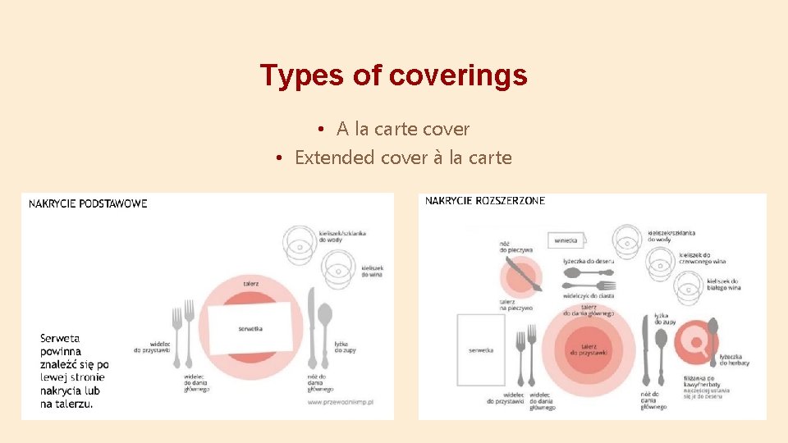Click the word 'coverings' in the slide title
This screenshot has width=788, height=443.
(458, 75)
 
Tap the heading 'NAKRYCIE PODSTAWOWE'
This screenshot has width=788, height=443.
(88, 203)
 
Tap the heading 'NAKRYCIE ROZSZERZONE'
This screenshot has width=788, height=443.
(484, 201)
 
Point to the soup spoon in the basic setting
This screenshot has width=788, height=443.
(325, 324)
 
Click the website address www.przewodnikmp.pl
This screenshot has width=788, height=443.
(341, 402)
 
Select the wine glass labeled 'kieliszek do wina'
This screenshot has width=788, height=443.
(337, 265)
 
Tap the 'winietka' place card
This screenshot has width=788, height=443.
(566, 241)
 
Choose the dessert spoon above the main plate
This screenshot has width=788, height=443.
(589, 272)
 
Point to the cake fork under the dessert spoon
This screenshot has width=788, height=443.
(588, 284)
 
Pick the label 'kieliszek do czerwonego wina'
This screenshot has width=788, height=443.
(702, 258)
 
